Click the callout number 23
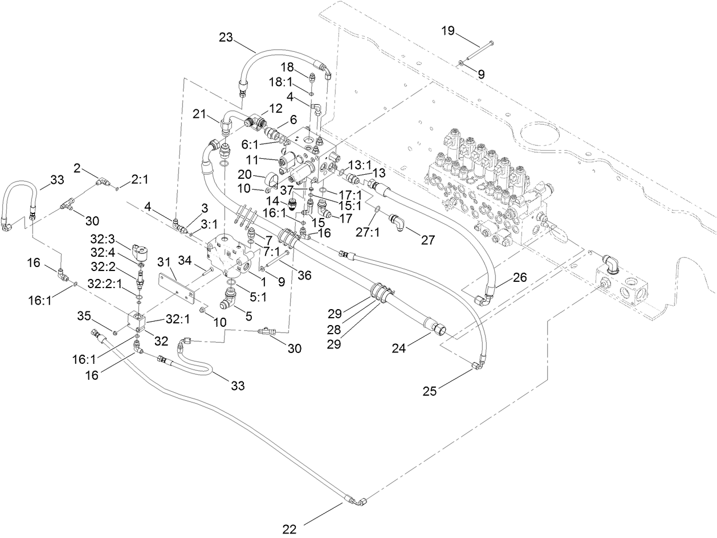226,38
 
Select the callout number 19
448,31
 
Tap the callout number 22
290,529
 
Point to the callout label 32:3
103,237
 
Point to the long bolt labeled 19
478,51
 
